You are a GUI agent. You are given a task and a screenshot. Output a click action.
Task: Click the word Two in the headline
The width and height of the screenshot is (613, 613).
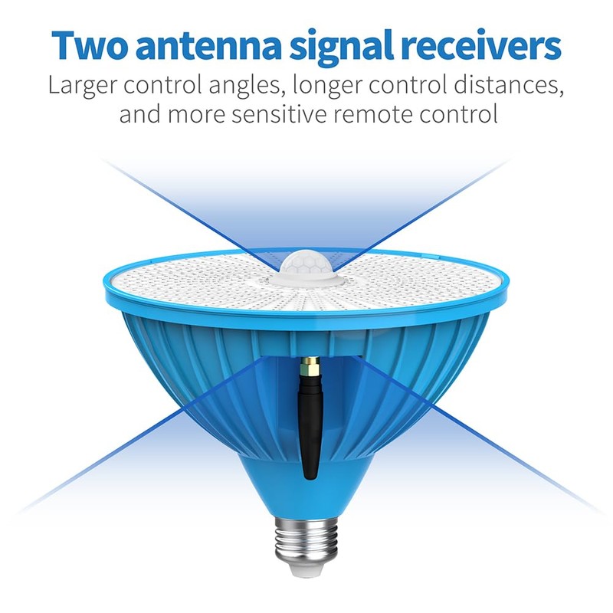(x=89, y=45)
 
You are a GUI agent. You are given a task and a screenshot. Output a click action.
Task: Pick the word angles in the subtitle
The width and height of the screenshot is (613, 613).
(x=245, y=86)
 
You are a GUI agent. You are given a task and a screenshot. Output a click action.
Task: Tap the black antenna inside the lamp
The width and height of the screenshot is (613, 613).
(x=309, y=426)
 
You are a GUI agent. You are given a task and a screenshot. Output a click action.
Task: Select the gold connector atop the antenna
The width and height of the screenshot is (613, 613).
(x=310, y=366)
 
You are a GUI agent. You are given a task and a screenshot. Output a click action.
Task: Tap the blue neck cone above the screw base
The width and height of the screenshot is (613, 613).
(x=306, y=485)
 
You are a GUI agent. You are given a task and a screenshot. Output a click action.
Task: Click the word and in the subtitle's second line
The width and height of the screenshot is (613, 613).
(x=140, y=114)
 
